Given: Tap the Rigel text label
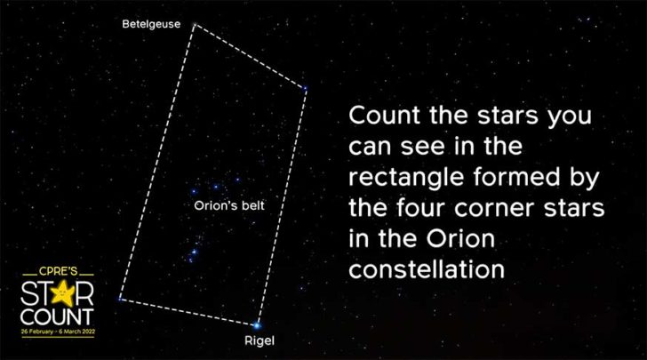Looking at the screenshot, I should coord(257,340).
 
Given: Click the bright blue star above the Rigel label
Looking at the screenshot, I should coord(258,325).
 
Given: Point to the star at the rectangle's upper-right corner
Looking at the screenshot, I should coord(304,88).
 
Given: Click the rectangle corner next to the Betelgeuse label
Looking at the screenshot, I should coord(192,25).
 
